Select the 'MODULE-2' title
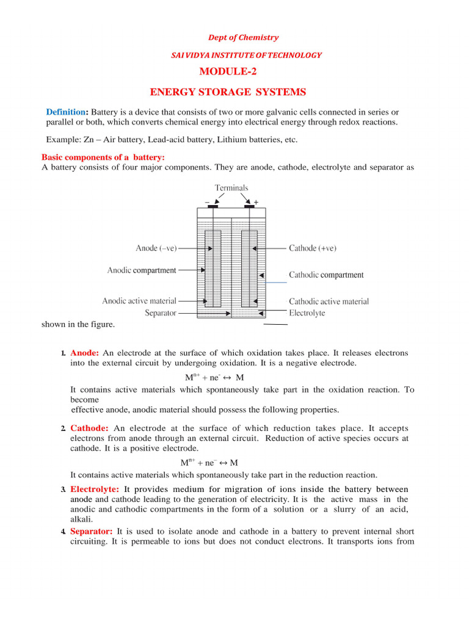click(228, 72)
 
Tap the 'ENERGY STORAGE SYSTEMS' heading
click(228, 92)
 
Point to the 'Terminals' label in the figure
click(231, 188)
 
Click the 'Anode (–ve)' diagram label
click(156, 248)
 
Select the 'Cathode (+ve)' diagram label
click(312, 248)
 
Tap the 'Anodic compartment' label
click(142, 270)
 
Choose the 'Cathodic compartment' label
click(326, 275)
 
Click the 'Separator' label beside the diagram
click(161, 313)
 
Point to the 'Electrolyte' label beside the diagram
click(307, 313)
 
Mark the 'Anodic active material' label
click(139, 301)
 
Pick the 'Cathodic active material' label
click(329, 302)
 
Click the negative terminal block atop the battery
click(213, 206)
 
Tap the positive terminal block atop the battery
click(249, 206)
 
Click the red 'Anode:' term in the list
click(85, 353)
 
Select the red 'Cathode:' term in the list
click(89, 428)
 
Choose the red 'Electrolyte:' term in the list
click(95, 490)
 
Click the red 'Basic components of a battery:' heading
click(94, 157)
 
